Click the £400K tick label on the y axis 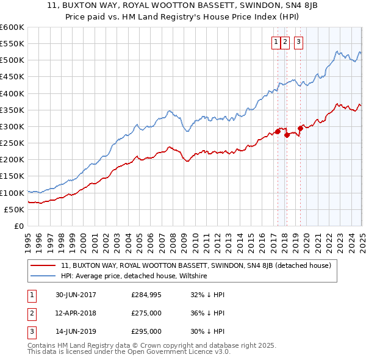tap(12, 93)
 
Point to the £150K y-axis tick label tap(12, 176)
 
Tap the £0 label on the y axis tap(18, 226)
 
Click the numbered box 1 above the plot tap(276, 42)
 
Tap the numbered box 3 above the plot tap(299, 42)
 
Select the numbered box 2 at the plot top tap(285, 42)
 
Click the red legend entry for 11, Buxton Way tap(195, 265)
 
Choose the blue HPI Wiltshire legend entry tap(134, 276)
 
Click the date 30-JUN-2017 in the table tap(76, 295)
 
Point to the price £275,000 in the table tap(146, 313)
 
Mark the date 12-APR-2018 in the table tap(76, 313)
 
